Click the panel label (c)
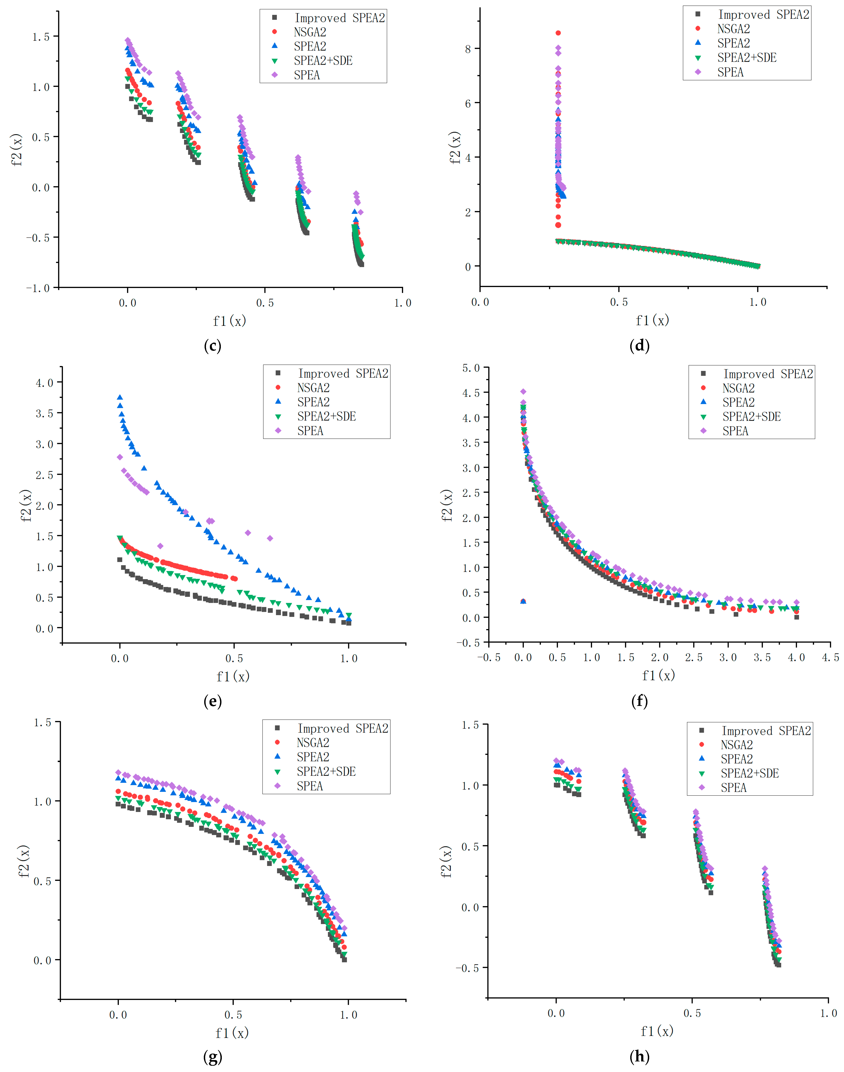(x=212, y=346)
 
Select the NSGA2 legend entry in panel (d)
(x=733, y=29)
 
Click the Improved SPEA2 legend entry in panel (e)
(x=343, y=373)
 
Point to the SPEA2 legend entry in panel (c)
(x=310, y=46)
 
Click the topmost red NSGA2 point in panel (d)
(x=558, y=33)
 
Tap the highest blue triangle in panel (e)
(x=120, y=397)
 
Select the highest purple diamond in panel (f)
(x=523, y=392)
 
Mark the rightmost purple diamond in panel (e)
(x=270, y=538)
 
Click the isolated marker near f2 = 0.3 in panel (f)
(x=523, y=601)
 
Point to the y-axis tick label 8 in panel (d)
(x=468, y=49)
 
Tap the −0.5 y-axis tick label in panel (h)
(x=467, y=968)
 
